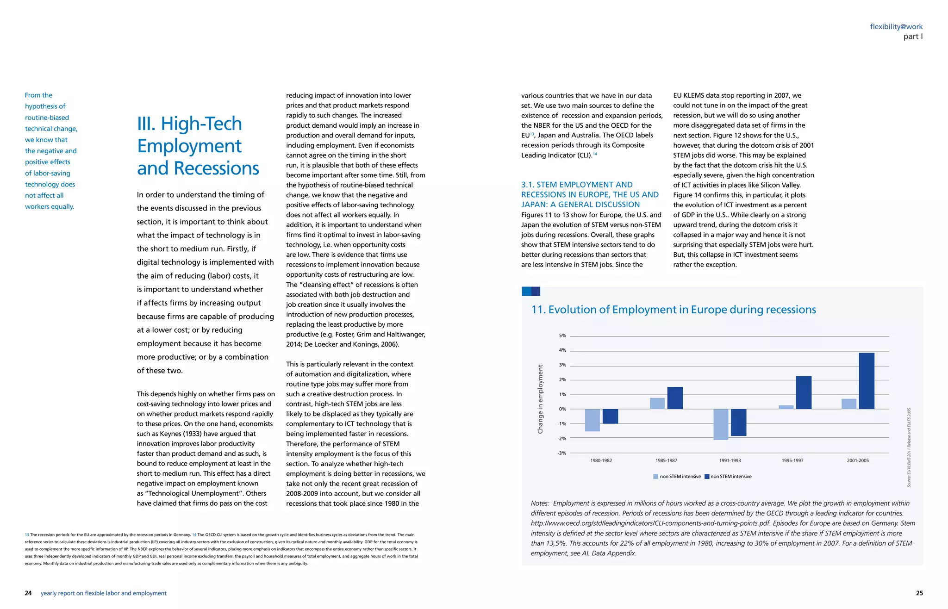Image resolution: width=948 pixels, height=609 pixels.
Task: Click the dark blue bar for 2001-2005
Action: click(867, 381)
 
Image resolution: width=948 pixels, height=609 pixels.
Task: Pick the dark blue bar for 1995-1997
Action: click(804, 392)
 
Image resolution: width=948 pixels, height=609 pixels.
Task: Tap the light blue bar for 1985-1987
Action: click(657, 404)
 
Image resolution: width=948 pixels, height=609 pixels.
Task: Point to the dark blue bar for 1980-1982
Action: click(610, 416)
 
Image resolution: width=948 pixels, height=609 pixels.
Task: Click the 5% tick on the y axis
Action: click(562, 336)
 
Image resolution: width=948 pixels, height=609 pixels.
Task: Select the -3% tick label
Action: click(562, 453)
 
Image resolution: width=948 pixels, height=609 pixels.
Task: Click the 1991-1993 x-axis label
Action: click(730, 460)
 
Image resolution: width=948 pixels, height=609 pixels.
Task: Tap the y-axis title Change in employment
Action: click(540, 399)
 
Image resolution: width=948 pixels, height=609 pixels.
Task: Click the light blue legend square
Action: click(655, 476)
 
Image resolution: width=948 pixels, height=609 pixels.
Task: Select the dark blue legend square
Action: click(707, 476)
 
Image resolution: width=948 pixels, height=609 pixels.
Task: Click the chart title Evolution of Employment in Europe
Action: click(674, 310)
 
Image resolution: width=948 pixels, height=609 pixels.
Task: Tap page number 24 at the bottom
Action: click(28, 593)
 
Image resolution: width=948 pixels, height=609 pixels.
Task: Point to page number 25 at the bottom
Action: click(919, 593)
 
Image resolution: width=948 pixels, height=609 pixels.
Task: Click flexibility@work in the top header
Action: click(896, 26)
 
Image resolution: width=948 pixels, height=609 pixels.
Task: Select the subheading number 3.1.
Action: click(528, 185)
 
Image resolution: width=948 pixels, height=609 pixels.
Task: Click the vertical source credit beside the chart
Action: click(909, 447)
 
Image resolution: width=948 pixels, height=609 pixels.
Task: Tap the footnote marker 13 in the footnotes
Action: click(27, 534)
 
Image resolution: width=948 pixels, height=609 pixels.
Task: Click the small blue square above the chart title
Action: click(531, 291)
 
